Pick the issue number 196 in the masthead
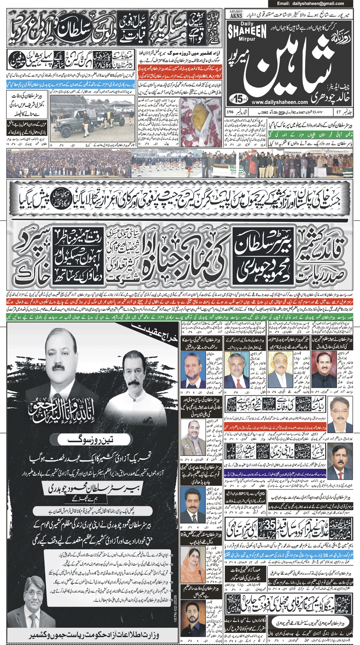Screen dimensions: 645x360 click(x=231, y=112)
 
